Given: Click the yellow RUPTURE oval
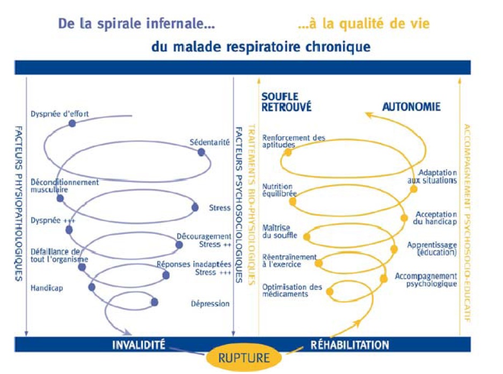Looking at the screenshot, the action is pos(244,357).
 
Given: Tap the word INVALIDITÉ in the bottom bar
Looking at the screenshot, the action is pos(138,345).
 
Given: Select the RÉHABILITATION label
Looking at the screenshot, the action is pos(349,345).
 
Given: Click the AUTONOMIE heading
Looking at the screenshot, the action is pos(411,106).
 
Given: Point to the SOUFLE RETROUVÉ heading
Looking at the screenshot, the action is pos(286,101).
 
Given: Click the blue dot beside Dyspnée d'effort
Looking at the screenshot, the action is pos(72,123).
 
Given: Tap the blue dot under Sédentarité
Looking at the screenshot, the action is pos(201,152).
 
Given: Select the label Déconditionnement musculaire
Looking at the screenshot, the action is pos(64,186).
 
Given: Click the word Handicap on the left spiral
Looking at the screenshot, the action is pos(47,288).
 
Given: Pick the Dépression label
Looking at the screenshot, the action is pos(210,303).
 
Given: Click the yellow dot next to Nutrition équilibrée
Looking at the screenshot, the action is pos(293,202).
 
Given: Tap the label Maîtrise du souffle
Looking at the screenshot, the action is pos(280,232).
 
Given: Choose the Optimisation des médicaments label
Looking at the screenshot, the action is pos(292,291).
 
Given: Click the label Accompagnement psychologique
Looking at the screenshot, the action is pos(426,280).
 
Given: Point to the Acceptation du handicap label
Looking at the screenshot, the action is pos(435,218).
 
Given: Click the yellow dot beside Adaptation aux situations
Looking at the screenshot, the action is pos(414,189).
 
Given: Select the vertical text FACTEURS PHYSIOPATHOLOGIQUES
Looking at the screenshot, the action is pos(19,204).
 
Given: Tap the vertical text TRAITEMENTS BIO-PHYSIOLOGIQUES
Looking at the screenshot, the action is pos(252,204).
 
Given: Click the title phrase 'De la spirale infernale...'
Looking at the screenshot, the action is pos(136,24).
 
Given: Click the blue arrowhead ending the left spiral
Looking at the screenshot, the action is pos(128,332).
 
